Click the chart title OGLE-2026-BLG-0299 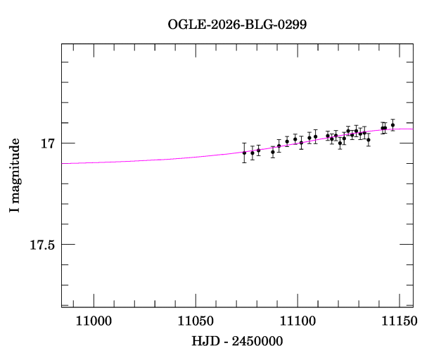pyautogui.click(x=237, y=25)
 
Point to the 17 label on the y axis pyautogui.click(x=48, y=143)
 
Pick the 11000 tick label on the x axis pyautogui.click(x=93, y=321)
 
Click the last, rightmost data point pyautogui.click(x=392, y=125)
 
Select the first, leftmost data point pyautogui.click(x=244, y=153)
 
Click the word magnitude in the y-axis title pyautogui.click(x=15, y=168)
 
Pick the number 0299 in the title pyautogui.click(x=292, y=25)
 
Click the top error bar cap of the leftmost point pyautogui.click(x=244, y=143)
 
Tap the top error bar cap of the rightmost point pyautogui.click(x=392, y=120)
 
